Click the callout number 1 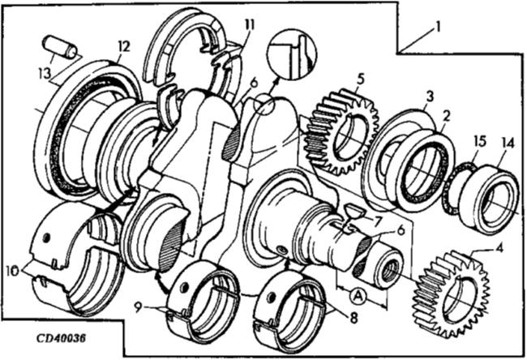[439, 27]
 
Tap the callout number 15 [479, 142]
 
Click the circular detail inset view [291, 53]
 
